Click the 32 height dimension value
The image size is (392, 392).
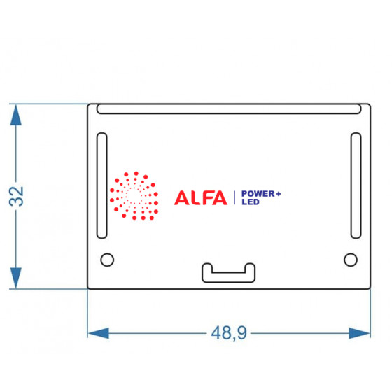point(16,196)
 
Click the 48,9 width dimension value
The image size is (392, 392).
point(229,333)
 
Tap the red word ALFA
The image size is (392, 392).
point(201,197)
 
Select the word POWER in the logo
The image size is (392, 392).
point(258,193)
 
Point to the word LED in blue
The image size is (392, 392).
point(251,202)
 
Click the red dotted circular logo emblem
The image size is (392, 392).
point(134,196)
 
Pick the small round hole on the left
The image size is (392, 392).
point(107,260)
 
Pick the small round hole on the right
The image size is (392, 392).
point(351,260)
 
